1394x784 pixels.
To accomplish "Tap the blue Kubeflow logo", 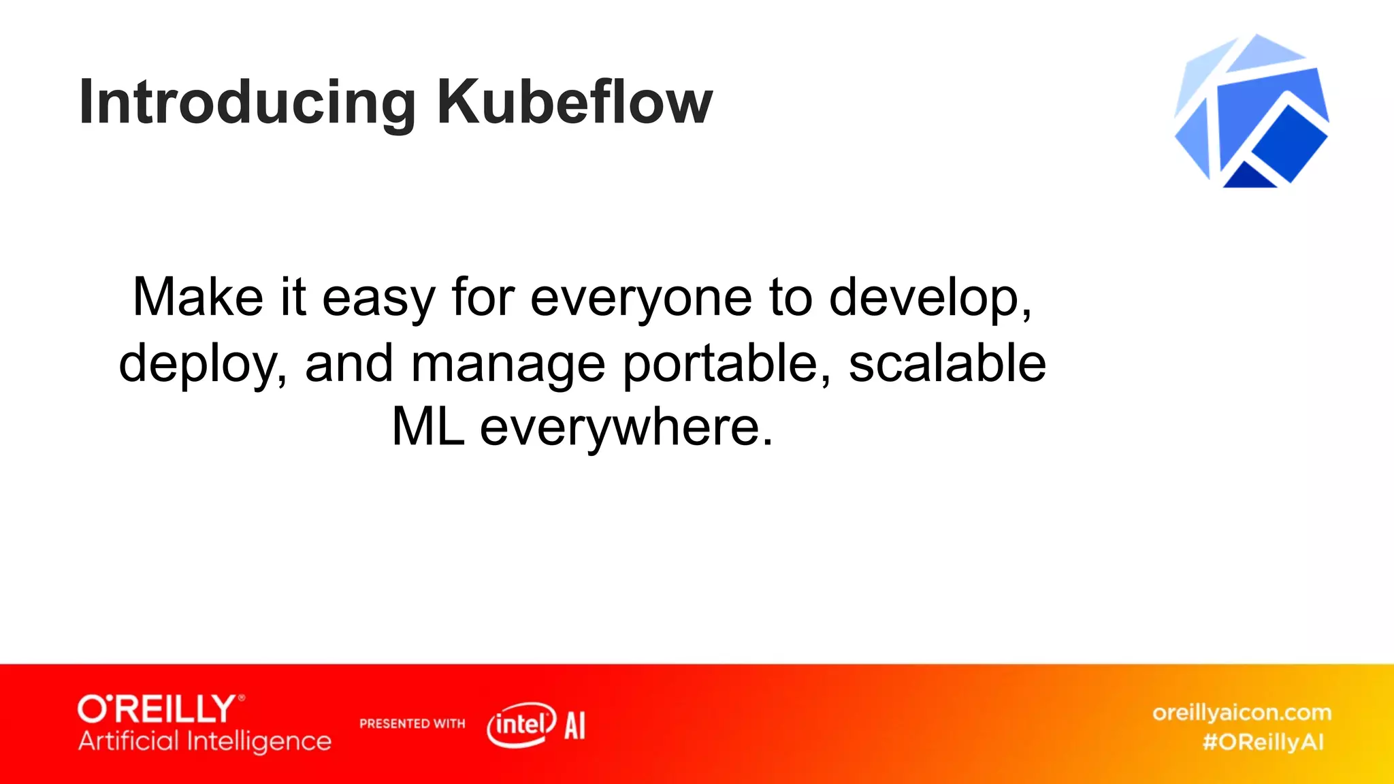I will coord(1251,112).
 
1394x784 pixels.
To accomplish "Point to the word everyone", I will coord(641,298).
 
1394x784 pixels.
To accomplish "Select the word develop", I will coord(929,298).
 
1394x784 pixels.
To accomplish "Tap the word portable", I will coord(726,363).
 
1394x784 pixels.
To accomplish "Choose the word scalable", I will coord(947,363).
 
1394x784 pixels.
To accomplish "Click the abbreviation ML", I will coord(428,427).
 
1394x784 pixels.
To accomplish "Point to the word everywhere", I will coord(626,428).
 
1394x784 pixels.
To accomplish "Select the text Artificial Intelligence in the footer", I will coord(204,741).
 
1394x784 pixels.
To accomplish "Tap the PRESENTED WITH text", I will coord(412,723).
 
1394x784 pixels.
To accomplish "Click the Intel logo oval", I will coord(521,724).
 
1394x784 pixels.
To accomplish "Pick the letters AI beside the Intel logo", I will coord(574,725).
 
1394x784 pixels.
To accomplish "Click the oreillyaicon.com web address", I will coord(1242,713).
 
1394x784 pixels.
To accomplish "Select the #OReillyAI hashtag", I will coord(1263,742).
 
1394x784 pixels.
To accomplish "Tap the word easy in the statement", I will coord(378,298).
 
